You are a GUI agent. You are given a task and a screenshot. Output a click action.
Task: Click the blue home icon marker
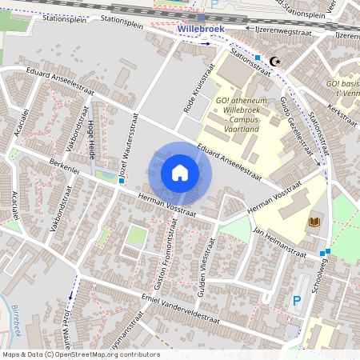(180, 173)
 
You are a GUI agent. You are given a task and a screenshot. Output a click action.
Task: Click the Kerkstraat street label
(342, 116)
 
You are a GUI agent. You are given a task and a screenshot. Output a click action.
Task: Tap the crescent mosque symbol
(275, 61)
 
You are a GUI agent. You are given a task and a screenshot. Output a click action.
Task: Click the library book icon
(314, 222)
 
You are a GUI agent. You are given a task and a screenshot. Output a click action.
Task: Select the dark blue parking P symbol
(297, 300)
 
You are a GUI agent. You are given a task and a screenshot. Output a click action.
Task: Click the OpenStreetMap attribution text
(80, 354)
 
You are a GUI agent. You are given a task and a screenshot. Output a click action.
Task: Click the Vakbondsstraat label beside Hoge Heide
(72, 131)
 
